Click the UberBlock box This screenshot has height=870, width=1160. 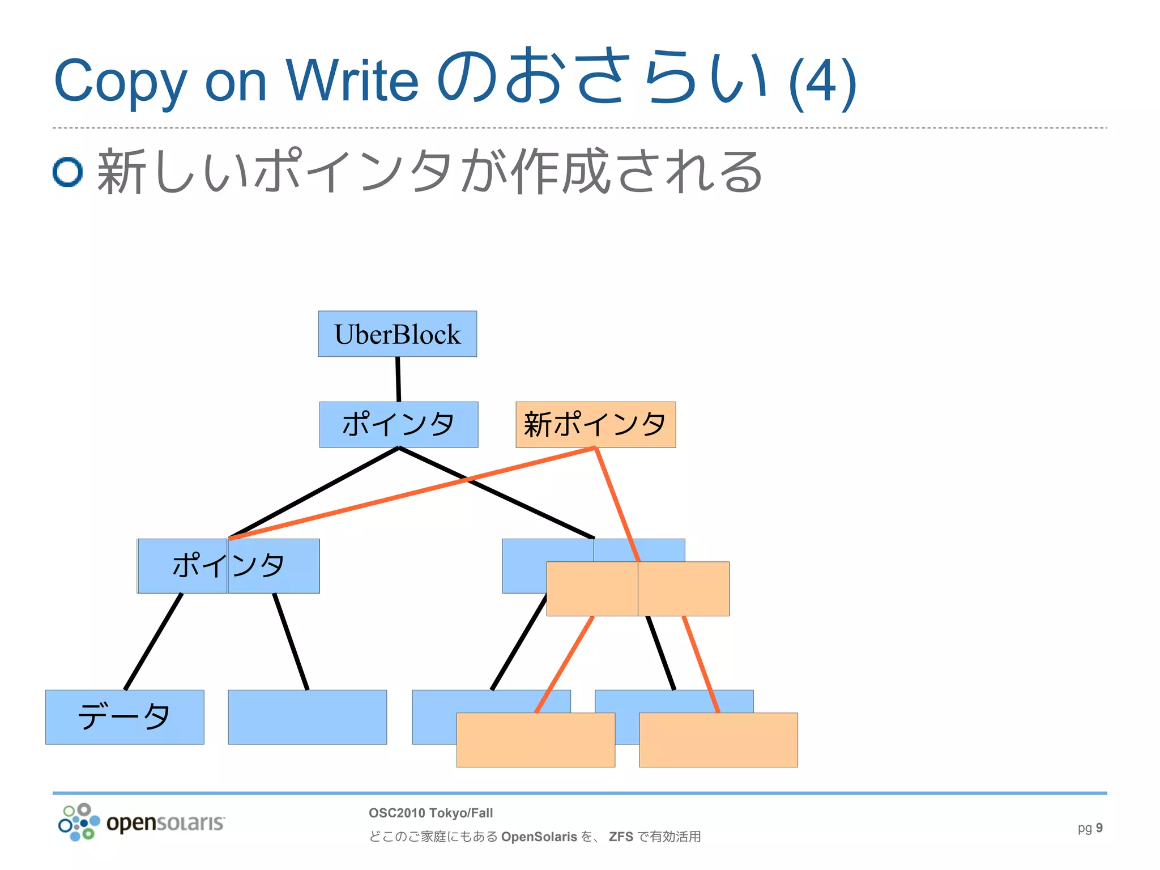click(x=397, y=334)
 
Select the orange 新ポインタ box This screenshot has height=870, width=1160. click(x=595, y=424)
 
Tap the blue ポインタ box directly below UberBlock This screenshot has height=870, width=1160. click(x=398, y=424)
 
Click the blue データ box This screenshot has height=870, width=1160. click(x=125, y=717)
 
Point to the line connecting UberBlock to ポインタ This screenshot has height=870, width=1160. click(x=398, y=379)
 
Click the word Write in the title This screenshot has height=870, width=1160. click(x=352, y=81)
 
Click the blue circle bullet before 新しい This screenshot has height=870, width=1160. click(x=68, y=172)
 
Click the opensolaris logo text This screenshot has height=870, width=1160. click(x=165, y=822)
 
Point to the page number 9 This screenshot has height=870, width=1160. click(x=1099, y=828)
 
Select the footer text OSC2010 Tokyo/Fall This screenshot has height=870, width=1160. click(x=430, y=813)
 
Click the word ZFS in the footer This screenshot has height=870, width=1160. click(x=621, y=837)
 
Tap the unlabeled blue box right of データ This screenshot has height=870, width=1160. click(x=307, y=717)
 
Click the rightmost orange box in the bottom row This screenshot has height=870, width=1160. click(x=718, y=740)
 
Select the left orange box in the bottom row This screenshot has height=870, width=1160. click(x=535, y=740)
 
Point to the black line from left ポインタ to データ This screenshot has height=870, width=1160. click(x=153, y=642)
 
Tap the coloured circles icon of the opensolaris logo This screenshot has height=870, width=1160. click(x=79, y=822)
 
